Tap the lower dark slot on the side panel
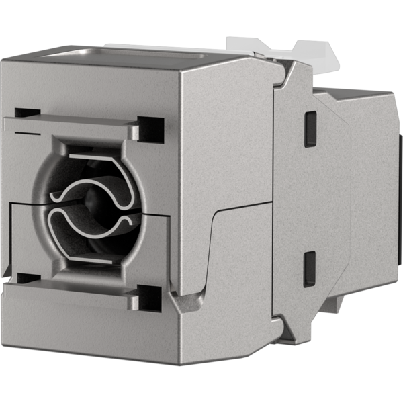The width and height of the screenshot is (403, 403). point(309,268)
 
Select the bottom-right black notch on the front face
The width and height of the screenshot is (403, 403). point(150,296)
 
